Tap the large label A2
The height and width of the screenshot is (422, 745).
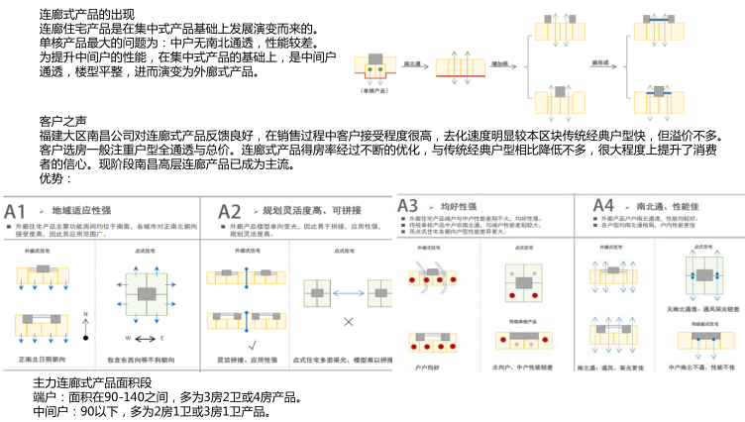tap(230, 211)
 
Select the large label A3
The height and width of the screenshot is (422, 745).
tap(409, 205)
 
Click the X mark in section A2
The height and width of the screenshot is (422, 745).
tap(349, 322)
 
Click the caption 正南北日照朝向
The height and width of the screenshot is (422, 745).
tap(46, 357)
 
